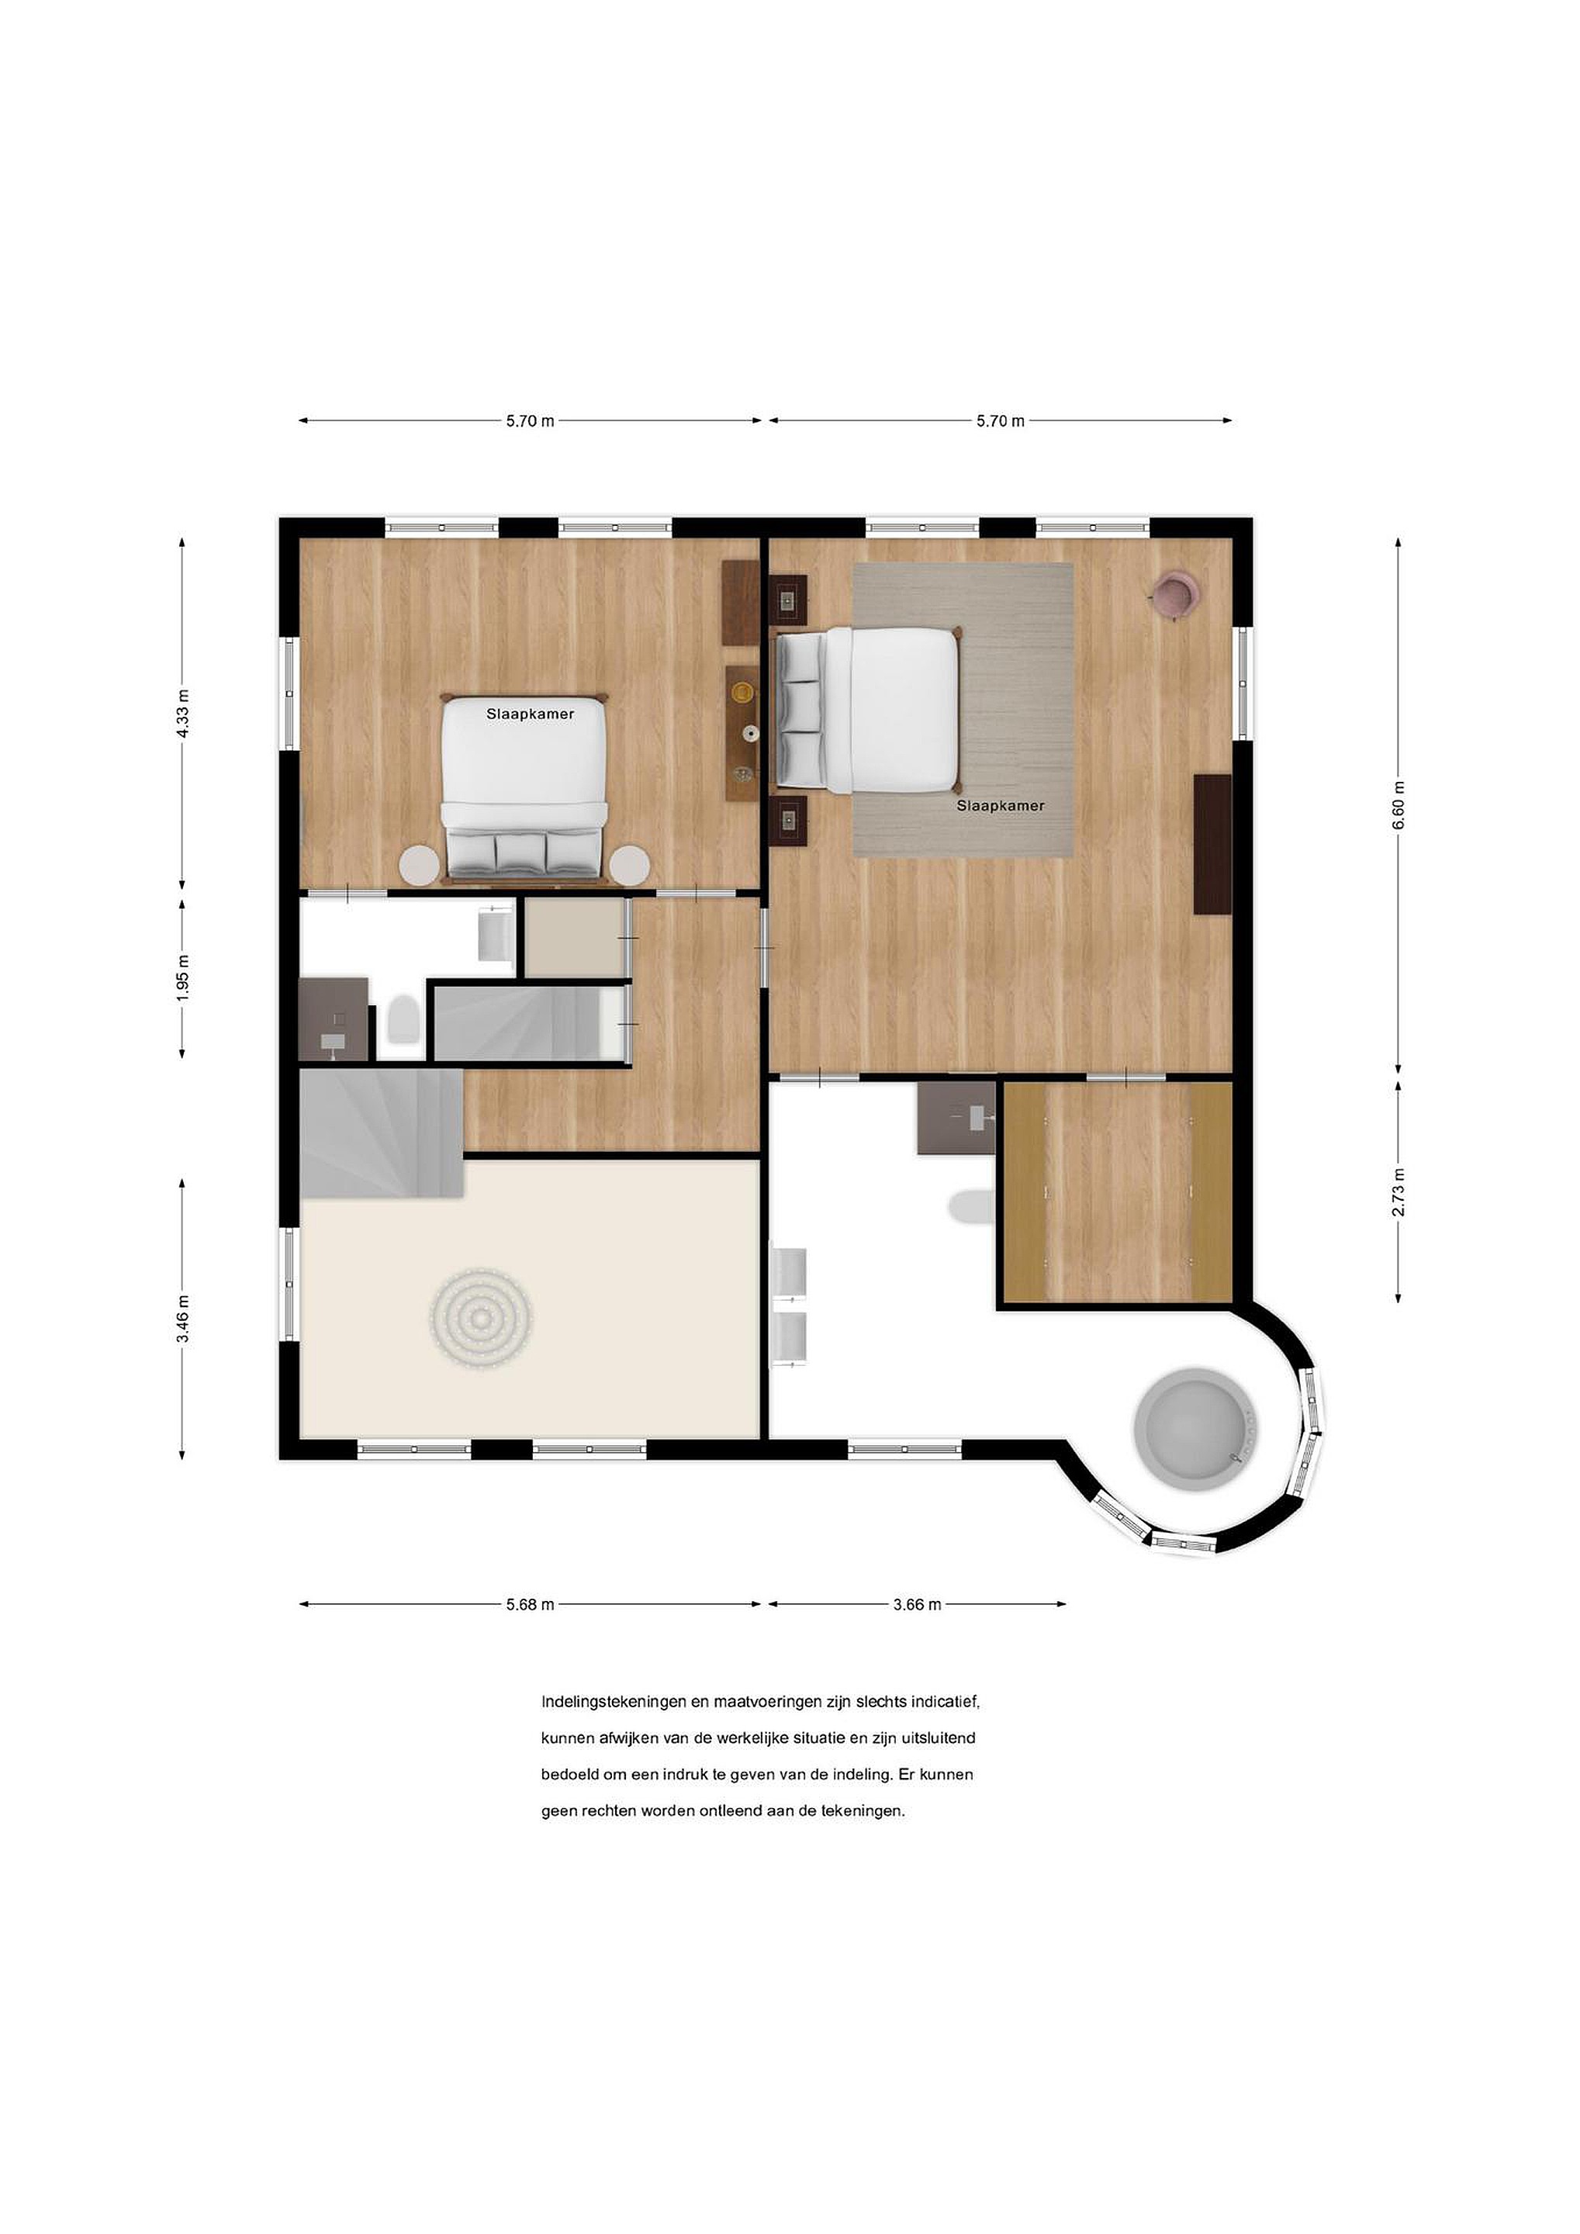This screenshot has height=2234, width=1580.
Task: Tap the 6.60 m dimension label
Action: coord(1398,806)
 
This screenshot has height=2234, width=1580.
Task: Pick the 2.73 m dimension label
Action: coord(1398,1192)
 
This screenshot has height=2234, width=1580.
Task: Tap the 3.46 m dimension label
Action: coord(183,1319)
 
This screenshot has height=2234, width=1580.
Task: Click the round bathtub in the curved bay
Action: coord(1197,1430)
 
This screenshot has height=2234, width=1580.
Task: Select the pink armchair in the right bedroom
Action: coord(1174,593)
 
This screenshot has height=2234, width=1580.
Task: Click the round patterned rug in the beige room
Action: coord(481,1319)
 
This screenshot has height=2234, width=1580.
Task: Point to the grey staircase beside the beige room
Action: coord(382,1133)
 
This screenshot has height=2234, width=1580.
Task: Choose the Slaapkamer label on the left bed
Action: coord(531,714)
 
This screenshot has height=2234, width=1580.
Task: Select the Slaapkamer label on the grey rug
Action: coord(1000,806)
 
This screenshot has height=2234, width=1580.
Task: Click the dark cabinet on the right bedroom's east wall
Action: coord(1212,844)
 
